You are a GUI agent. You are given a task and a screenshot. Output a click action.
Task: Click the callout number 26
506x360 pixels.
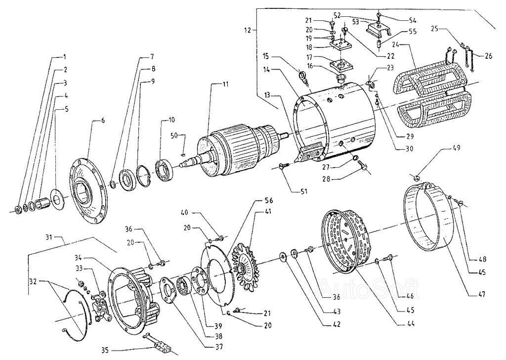pyautogui.click(x=488, y=55)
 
